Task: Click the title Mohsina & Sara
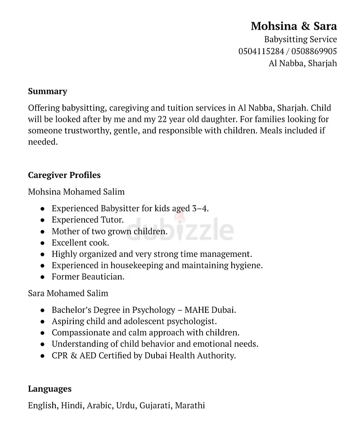[293, 26]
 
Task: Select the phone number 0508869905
[314, 51]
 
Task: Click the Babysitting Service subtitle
[300, 39]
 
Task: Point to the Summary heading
[47, 91]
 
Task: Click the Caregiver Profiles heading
[64, 175]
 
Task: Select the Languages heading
[49, 389]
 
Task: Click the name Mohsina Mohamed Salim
[76, 192]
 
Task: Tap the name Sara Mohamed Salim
[68, 293]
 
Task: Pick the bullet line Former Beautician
[88, 277]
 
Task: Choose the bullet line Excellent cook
[80, 243]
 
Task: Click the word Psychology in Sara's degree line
[153, 310]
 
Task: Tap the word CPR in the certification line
[60, 355]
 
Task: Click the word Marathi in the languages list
[189, 405]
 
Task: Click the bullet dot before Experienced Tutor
[42, 220]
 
